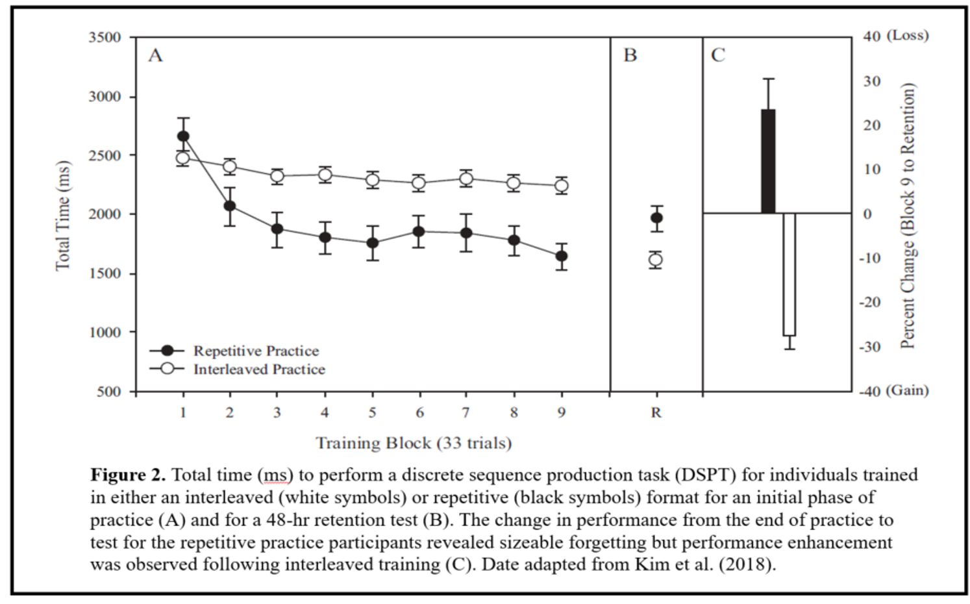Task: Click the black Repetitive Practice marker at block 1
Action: point(183,136)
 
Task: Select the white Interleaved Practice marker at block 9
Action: point(562,186)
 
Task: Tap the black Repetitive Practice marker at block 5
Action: point(373,243)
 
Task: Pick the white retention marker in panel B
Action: point(656,260)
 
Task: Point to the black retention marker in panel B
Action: point(656,218)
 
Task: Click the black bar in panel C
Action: point(768,161)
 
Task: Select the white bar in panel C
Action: point(789,274)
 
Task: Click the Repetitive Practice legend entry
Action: point(256,351)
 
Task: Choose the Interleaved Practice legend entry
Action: point(259,370)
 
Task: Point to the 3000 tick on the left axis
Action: point(105,97)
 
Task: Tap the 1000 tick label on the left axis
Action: point(105,333)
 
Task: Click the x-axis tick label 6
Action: point(419,412)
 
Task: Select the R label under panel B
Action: point(656,412)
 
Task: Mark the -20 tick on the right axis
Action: point(870,302)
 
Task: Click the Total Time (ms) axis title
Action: point(63,214)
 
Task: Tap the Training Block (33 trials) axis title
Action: point(414,444)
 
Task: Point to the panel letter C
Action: point(717,55)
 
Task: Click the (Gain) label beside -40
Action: point(907,390)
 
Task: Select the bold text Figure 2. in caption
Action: point(128,475)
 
